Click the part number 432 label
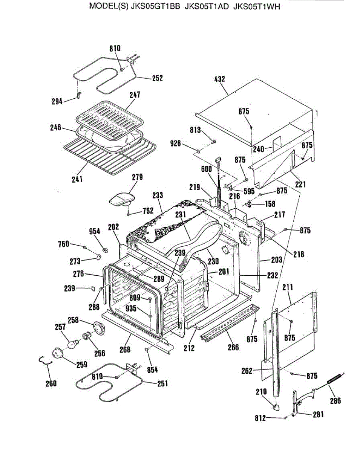pyautogui.click(x=219, y=79)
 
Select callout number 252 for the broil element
pyautogui.click(x=157, y=78)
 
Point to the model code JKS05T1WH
pyautogui.click(x=257, y=7)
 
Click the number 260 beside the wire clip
pyautogui.click(x=51, y=383)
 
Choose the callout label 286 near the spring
pyautogui.click(x=335, y=400)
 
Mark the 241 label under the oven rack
pyautogui.click(x=77, y=179)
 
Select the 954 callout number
pyautogui.click(x=95, y=231)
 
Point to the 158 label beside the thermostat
pyautogui.click(x=270, y=204)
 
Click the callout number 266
pyautogui.click(x=233, y=347)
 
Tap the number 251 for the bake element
pyautogui.click(x=162, y=383)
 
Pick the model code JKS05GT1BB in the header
pyautogui.click(x=155, y=7)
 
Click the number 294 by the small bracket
pyautogui.click(x=57, y=102)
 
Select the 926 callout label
pyautogui.click(x=175, y=144)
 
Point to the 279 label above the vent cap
pyautogui.click(x=137, y=177)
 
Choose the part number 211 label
pyautogui.click(x=288, y=287)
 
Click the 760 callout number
pyautogui.click(x=63, y=244)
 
